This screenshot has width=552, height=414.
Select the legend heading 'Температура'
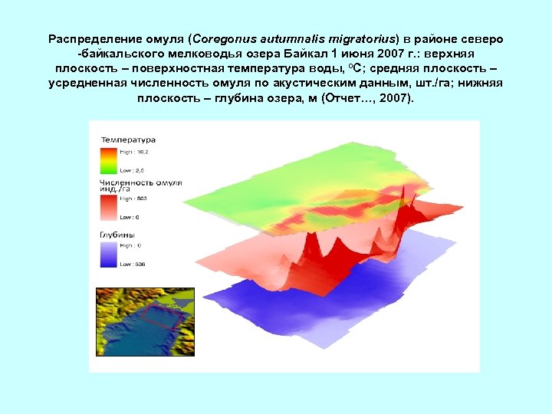(127, 140)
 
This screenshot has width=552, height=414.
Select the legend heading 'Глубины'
(117, 234)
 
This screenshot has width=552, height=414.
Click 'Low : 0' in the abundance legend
(130, 217)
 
